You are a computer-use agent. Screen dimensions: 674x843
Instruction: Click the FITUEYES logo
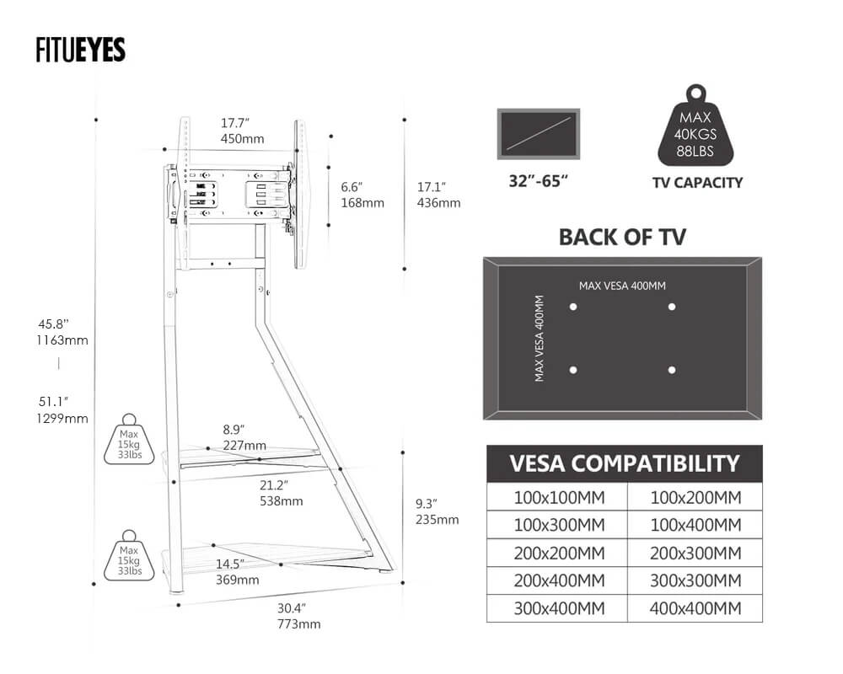(x=81, y=50)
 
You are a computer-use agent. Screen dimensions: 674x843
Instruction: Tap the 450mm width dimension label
(x=242, y=138)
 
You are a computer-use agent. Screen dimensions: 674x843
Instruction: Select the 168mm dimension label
(x=362, y=202)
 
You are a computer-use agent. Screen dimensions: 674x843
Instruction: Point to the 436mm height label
(x=439, y=202)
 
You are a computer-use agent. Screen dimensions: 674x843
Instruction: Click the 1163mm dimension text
(x=63, y=340)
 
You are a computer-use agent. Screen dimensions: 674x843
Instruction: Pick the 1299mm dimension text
(x=63, y=418)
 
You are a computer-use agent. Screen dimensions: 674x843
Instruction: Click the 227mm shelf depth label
(x=244, y=445)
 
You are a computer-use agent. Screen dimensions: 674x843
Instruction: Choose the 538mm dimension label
(x=282, y=500)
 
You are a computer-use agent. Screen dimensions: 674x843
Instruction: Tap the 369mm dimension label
(x=238, y=580)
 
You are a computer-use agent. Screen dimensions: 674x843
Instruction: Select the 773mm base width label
(x=298, y=623)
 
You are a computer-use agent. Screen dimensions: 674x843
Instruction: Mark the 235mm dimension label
(x=438, y=519)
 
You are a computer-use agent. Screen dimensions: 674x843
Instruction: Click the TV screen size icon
(x=539, y=133)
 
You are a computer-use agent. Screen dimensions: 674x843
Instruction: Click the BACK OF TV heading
(x=622, y=237)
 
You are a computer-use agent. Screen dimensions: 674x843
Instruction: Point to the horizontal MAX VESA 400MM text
(x=622, y=286)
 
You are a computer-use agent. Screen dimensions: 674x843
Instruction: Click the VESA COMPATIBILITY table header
(x=624, y=463)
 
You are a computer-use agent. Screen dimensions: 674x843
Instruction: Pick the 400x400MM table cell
(x=695, y=608)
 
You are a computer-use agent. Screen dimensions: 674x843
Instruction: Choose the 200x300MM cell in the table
(x=695, y=553)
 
